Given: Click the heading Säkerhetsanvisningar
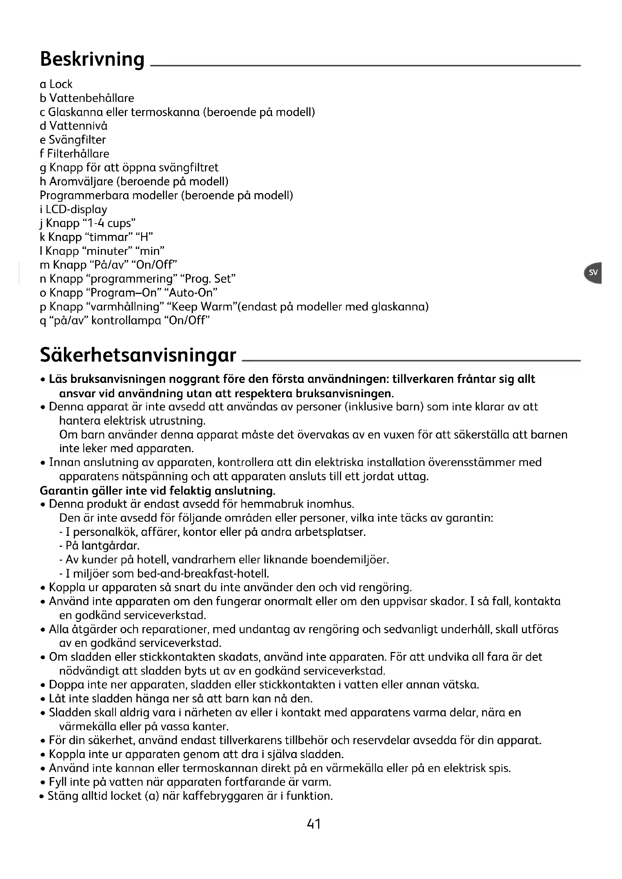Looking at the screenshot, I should (138, 355).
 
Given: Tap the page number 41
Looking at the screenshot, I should (314, 823).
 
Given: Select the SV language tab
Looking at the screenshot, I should (593, 272).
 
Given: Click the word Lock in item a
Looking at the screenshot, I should (61, 84).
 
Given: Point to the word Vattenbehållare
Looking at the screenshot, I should (92, 98).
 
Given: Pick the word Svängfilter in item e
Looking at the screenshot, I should (77, 140).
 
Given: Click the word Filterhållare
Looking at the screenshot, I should (78, 154).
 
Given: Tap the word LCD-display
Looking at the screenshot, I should (77, 209).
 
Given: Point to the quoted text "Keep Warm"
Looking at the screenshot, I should (204, 307).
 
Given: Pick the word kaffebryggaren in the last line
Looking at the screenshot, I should (223, 796).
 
